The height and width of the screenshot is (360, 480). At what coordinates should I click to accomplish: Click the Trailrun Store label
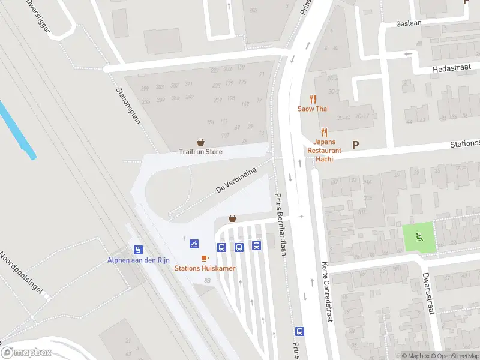pos(200,152)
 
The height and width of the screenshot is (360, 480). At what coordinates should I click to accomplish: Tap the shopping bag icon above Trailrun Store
pos(200,143)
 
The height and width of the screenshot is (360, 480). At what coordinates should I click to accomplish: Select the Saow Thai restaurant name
pos(312,109)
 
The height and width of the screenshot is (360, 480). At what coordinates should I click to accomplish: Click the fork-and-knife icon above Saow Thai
pos(312,100)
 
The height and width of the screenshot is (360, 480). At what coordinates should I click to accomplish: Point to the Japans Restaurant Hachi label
pos(324,150)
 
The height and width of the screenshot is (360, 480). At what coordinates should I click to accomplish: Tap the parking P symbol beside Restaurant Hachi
pos(355,145)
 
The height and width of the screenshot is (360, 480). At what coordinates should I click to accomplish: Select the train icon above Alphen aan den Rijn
pos(139,250)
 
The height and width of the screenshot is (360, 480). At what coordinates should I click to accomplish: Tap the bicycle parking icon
pos(194,244)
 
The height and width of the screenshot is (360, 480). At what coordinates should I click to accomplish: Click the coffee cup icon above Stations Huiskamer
pos(205,259)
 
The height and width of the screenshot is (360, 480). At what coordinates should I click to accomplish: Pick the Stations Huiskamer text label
pos(205,268)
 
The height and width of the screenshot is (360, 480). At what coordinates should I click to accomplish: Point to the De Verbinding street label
pos(236,180)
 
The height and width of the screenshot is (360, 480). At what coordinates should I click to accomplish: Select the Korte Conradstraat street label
pos(326,293)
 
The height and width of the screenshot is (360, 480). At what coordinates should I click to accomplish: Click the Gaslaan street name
pos(409,23)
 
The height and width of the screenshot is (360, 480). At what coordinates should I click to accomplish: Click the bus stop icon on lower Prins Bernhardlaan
pos(299,331)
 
